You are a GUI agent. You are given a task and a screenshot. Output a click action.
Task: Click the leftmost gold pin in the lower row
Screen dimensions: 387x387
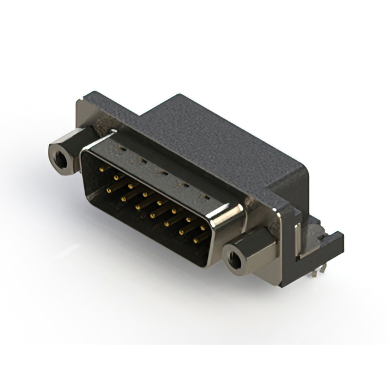pos(108,190)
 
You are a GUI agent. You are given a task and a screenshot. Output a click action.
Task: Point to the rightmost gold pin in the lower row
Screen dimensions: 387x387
pos(197,241)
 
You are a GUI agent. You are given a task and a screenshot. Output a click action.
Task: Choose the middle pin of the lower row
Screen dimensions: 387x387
pos(152,215)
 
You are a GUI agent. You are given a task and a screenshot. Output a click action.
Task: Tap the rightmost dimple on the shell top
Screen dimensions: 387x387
pos(206,198)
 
